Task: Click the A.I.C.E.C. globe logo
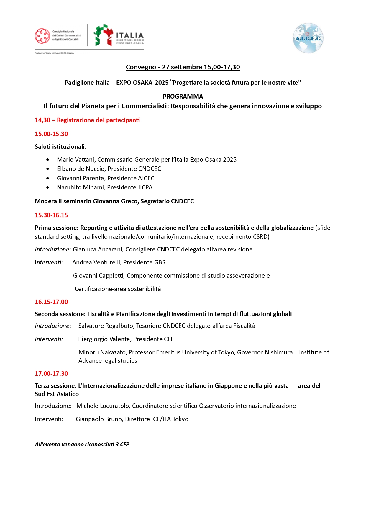308,38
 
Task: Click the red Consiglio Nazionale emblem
42,36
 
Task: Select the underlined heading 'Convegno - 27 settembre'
183,67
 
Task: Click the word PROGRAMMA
183,97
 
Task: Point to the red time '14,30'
42,120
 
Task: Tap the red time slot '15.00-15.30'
51,134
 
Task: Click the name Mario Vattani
76,160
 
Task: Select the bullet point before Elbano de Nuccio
48,169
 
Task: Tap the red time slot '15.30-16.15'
51,215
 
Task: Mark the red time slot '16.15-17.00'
51,302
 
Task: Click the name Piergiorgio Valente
104,339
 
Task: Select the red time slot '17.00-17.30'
51,374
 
